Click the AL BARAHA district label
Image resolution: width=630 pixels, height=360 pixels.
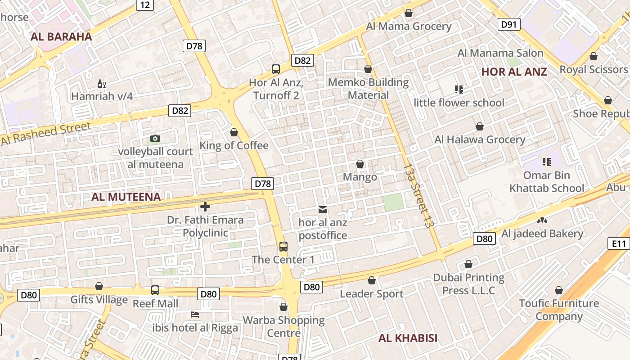[61, 37]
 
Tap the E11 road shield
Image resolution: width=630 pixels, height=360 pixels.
[619, 243]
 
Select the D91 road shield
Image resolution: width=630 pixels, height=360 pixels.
[509, 24]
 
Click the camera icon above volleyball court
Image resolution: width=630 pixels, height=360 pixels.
[155, 138]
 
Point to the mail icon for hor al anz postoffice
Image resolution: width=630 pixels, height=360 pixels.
[323, 209]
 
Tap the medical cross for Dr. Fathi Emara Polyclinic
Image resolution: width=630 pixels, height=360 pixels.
[205, 207]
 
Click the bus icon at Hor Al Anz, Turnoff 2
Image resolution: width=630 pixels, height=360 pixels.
[275, 69]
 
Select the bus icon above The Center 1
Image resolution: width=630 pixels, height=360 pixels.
[283, 246]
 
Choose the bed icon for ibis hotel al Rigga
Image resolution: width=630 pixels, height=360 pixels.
[194, 314]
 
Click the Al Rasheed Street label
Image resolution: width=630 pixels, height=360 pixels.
[46, 133]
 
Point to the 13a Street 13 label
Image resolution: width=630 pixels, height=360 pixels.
[418, 195]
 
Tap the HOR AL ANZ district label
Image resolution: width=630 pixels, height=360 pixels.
[514, 72]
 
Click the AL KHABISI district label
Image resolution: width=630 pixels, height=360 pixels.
[408, 338]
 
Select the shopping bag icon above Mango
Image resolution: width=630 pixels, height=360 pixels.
[360, 163]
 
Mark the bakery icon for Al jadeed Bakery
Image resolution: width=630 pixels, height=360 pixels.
[542, 220]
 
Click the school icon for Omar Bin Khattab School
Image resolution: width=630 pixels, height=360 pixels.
[546, 162]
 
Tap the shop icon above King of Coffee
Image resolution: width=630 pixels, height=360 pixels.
[234, 132]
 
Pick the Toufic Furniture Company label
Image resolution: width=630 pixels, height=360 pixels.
[559, 310]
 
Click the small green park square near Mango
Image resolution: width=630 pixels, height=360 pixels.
[393, 202]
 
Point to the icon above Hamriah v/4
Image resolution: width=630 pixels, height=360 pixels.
[102, 84]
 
